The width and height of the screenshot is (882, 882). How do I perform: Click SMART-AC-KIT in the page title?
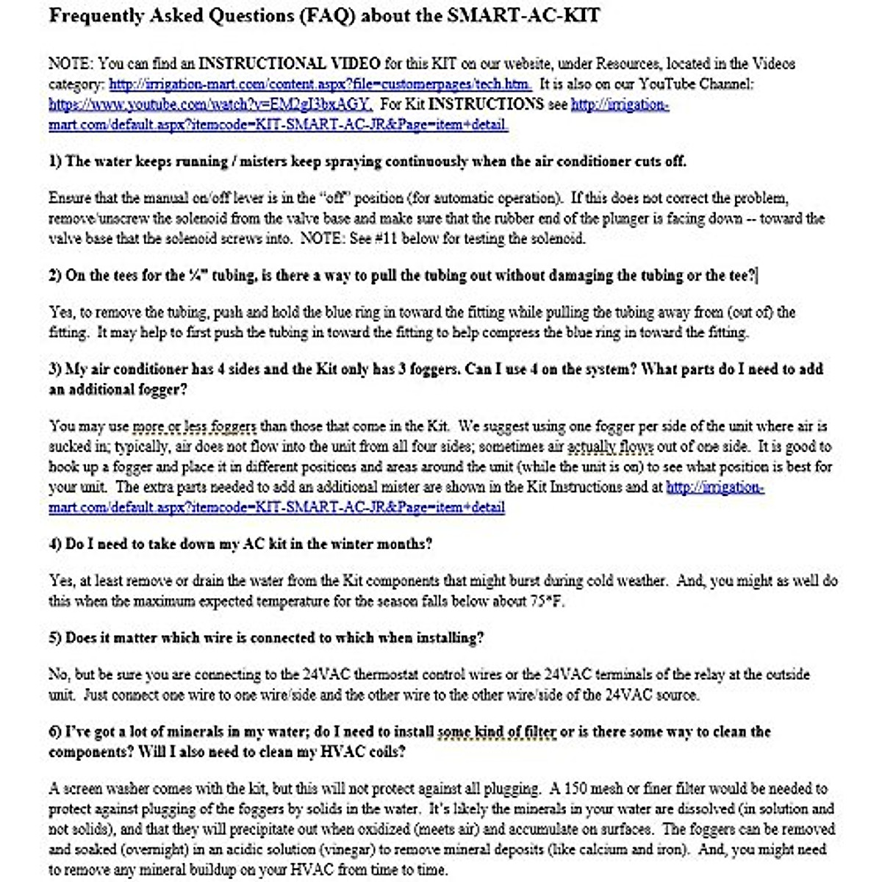pyautogui.click(x=523, y=16)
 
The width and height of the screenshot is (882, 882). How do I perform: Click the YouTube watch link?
pyautogui.click(x=211, y=104)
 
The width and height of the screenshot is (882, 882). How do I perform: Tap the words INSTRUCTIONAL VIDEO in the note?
pyautogui.click(x=290, y=64)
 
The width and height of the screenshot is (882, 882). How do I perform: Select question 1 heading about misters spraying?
pyautogui.click(x=367, y=161)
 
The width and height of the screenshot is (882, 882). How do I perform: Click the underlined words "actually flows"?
pyautogui.click(x=609, y=447)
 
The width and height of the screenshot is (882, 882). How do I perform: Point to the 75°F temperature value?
pyautogui.click(x=547, y=601)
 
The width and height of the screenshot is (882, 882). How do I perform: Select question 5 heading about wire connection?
pyautogui.click(x=266, y=638)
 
